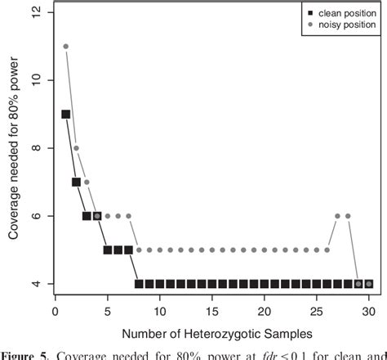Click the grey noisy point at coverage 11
pyautogui.click(x=65, y=47)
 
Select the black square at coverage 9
pyautogui.click(x=65, y=115)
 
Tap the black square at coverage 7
pyautogui.click(x=76, y=182)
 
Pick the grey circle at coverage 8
pyautogui.click(x=76, y=148)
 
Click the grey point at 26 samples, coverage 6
pyautogui.click(x=337, y=216)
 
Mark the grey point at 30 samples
pyautogui.click(x=369, y=284)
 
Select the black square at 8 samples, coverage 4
pyautogui.click(x=139, y=284)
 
